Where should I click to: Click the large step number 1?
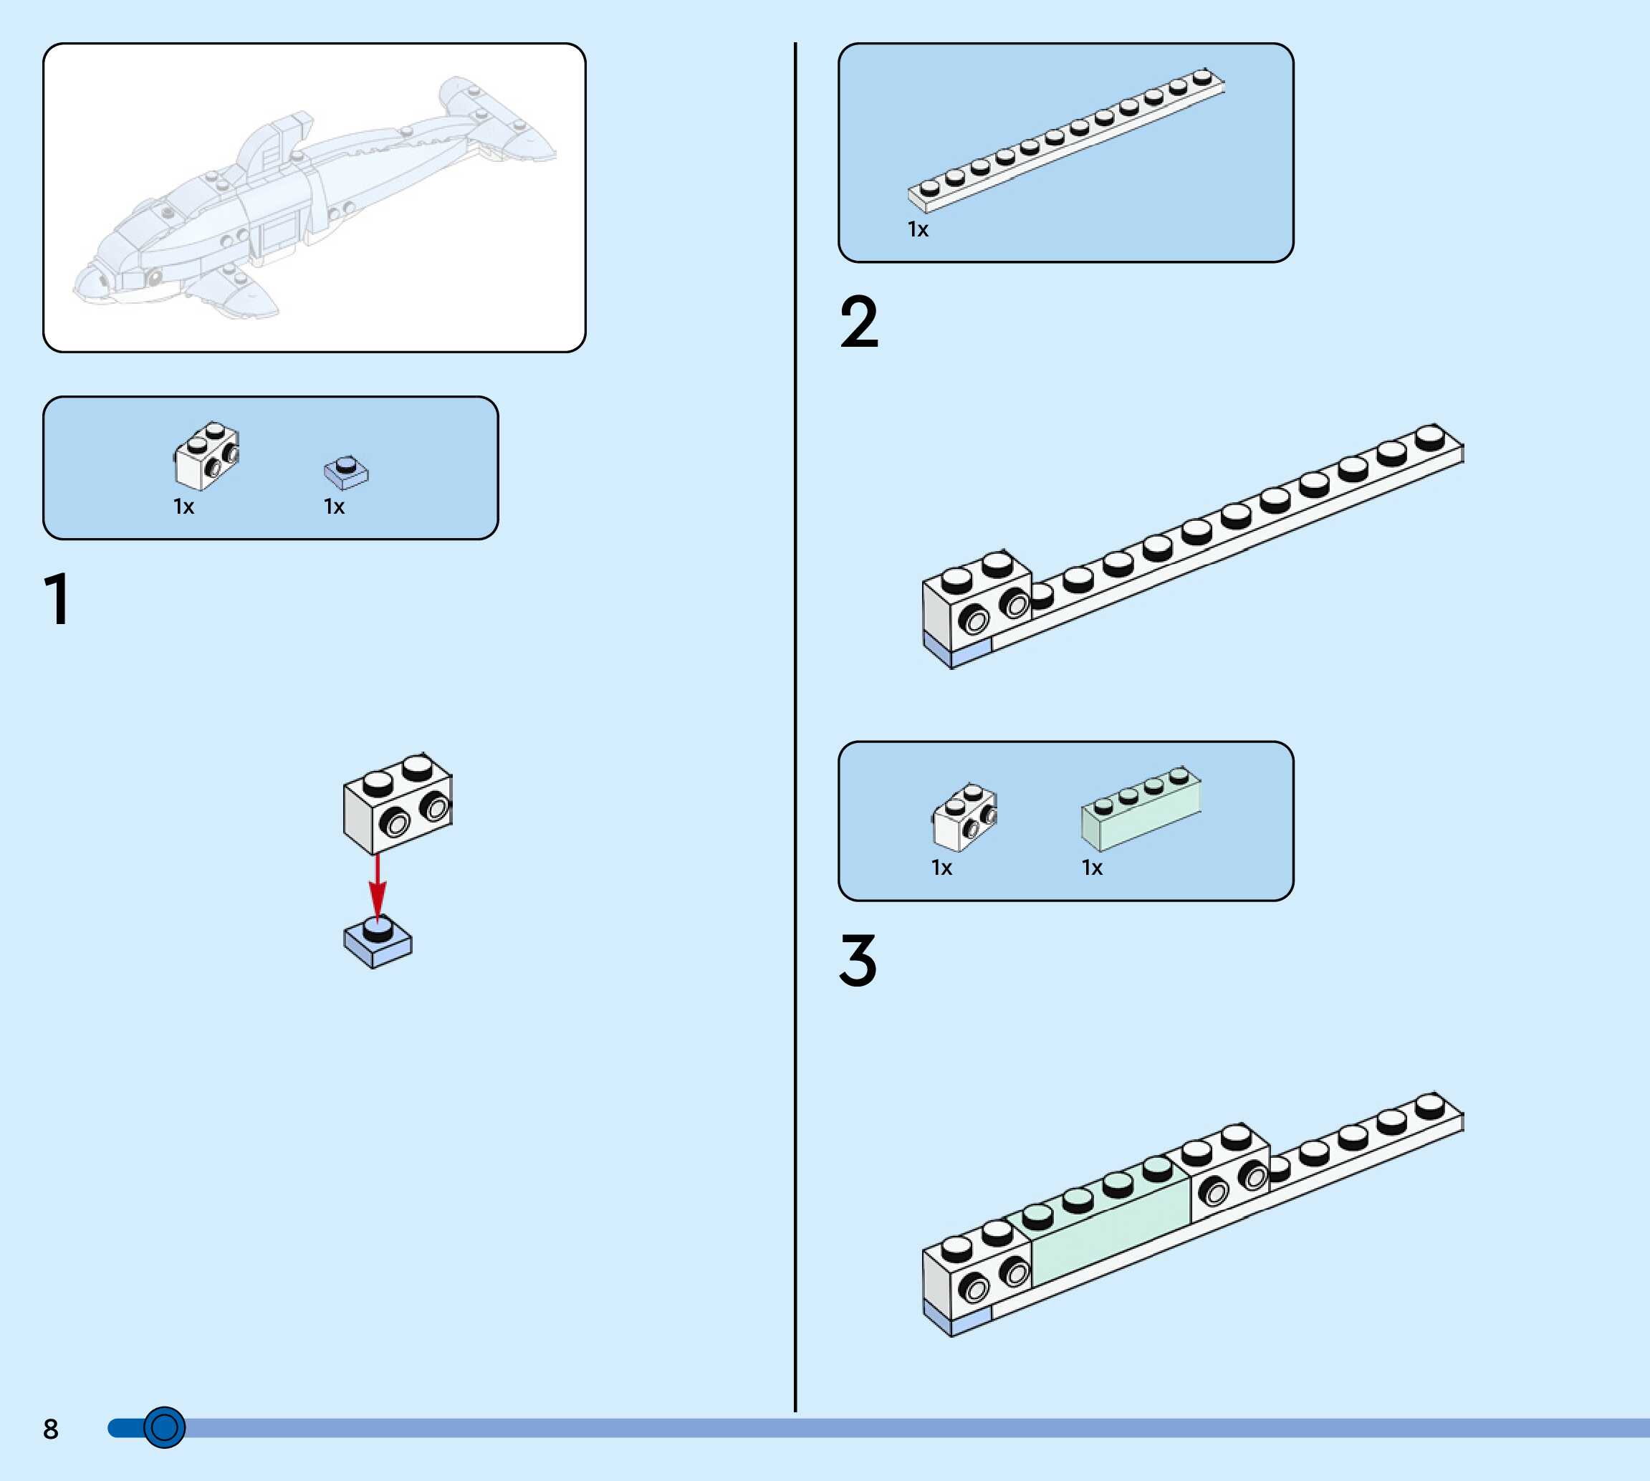pos(57,599)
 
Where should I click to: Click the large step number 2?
pos(859,322)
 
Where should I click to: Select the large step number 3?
pos(858,960)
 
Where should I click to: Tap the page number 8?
pos(50,1429)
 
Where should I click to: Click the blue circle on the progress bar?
pos(164,1427)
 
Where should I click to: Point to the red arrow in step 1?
pos(377,887)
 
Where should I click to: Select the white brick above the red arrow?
pos(397,804)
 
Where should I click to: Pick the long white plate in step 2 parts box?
pos(1066,140)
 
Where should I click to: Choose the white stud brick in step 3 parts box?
pos(964,817)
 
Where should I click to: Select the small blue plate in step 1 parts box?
pos(347,473)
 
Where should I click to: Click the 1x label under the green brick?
pos(1092,868)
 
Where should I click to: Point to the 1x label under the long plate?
pos(918,230)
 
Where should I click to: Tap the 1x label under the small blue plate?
pos(335,507)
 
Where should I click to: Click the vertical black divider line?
pos(795,732)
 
